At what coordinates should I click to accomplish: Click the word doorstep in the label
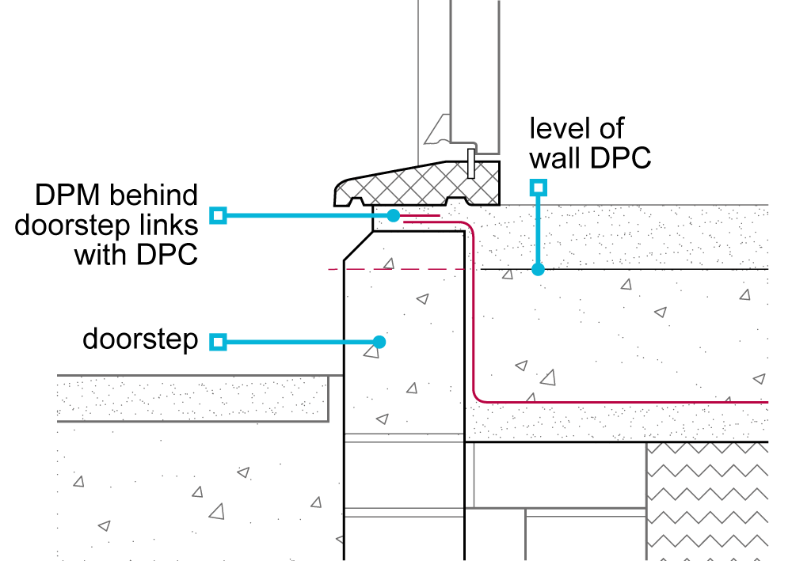pos(140,340)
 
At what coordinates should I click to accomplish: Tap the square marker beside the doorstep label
pos(218,342)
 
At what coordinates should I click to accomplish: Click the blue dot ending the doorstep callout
pos(379,342)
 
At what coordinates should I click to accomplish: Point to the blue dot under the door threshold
pos(394,214)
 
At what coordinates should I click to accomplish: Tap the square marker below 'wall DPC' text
pos(539,187)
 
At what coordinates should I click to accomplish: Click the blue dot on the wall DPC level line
pos(539,269)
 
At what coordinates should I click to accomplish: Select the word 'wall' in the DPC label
pos(557,158)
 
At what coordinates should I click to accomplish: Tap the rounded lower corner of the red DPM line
pos(477,396)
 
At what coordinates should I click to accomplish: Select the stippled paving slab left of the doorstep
pos(190,397)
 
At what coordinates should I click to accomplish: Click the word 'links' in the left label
pos(167,226)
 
